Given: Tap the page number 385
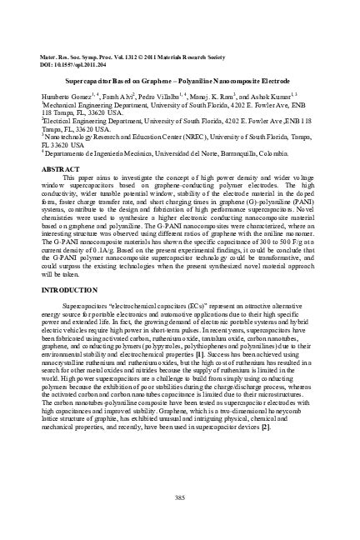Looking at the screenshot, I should (x=180, y=497).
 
